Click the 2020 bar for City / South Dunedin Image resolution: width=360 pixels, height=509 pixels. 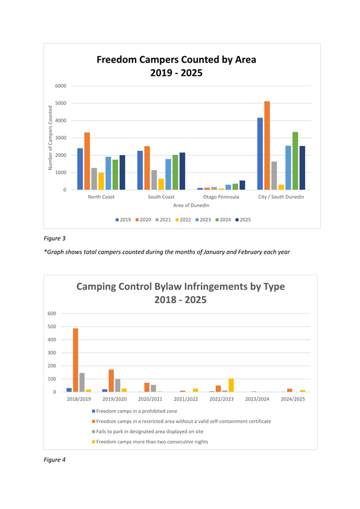267,145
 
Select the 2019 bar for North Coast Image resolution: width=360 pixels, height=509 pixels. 80,169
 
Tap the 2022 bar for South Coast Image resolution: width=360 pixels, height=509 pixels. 161,184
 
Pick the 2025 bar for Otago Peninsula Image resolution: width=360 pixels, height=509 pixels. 242,185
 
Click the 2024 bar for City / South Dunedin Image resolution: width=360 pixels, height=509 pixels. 295,160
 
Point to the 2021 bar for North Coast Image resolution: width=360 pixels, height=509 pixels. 94,179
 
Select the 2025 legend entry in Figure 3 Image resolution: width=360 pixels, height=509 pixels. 243,220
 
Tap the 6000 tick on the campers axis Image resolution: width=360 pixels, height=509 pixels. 61,86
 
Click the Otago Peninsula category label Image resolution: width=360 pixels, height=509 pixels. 221,197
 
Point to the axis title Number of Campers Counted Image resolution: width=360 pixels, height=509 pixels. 50,138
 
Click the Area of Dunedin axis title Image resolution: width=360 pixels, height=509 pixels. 191,205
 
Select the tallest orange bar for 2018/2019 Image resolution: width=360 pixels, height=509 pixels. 75,360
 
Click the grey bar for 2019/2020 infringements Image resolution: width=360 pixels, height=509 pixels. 118,385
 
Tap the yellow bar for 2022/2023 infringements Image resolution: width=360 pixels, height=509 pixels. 231,385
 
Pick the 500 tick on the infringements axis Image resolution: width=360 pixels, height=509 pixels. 52,326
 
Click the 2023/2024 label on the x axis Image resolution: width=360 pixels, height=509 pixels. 257,399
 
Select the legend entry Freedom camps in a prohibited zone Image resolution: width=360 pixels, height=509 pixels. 134,411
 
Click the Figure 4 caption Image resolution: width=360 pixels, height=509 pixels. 54,460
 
